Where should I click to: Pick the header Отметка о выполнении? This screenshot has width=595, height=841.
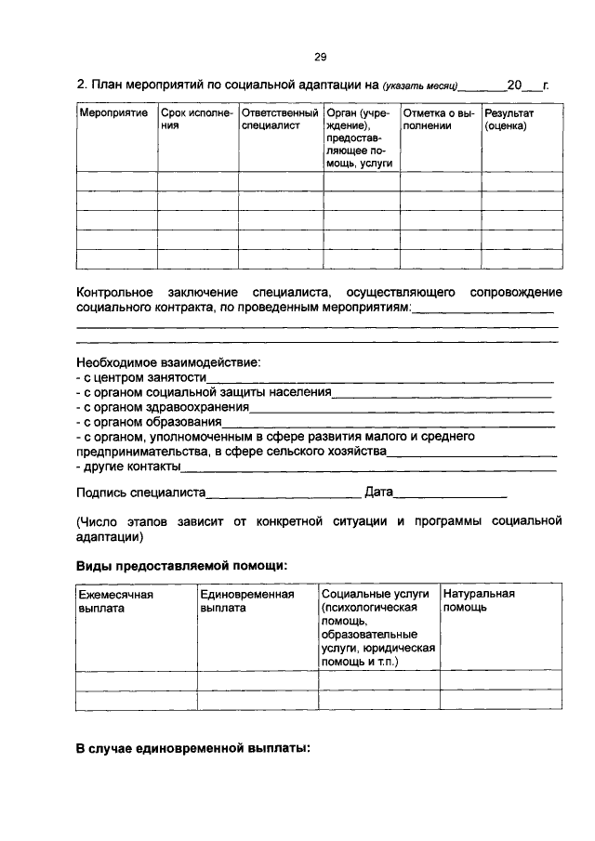pyautogui.click(x=440, y=119)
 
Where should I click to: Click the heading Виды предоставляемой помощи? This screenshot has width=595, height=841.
pyautogui.click(x=181, y=565)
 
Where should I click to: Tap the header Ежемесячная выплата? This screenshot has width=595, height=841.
pyautogui.click(x=116, y=600)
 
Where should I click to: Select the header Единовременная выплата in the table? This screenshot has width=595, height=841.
pyautogui.click(x=246, y=600)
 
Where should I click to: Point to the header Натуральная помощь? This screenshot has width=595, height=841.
pyautogui.click(x=480, y=600)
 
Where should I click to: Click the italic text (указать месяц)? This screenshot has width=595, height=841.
pyautogui.click(x=421, y=85)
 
